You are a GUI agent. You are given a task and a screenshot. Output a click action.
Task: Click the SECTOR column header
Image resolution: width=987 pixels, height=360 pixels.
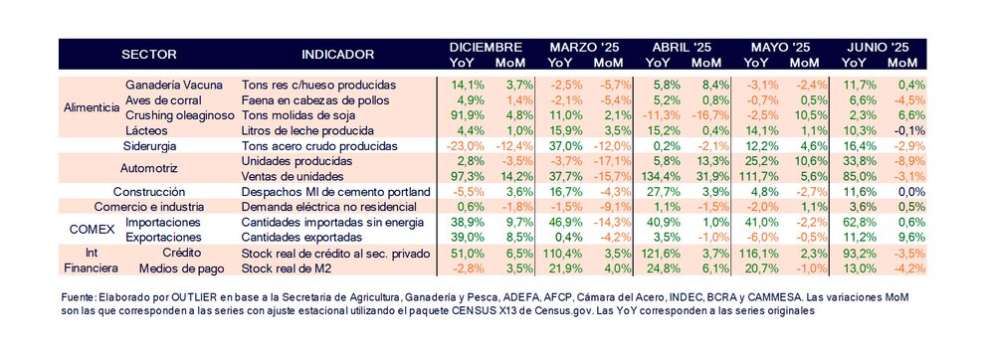pyautogui.click(x=148, y=54)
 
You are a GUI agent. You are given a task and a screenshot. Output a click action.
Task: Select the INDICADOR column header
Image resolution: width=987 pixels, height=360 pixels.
pyautogui.click(x=337, y=54)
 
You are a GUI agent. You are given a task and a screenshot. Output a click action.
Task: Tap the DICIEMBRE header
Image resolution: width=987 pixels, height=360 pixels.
pyautogui.click(x=485, y=47)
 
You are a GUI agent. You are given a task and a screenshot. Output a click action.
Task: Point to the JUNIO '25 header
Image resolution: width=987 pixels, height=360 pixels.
pyautogui.click(x=877, y=47)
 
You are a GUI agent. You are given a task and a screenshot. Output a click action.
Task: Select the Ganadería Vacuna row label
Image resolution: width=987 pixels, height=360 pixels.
pyautogui.click(x=179, y=85)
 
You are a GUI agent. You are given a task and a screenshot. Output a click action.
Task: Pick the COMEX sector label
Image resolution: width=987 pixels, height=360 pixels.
pyautogui.click(x=88, y=230)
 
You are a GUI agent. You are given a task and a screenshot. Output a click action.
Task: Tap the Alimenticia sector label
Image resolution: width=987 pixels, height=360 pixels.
pyautogui.click(x=91, y=107)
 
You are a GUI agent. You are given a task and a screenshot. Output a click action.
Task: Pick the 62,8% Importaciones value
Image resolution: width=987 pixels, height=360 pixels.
pyautogui.click(x=856, y=223)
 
